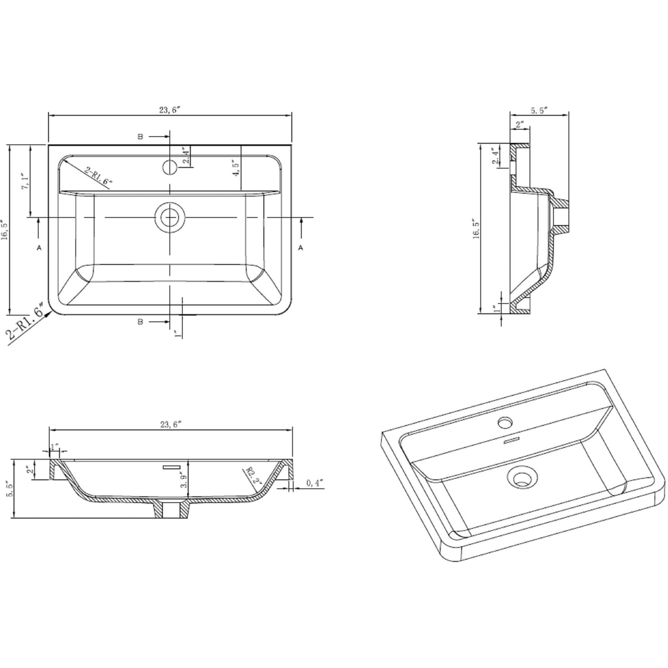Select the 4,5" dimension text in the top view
235,167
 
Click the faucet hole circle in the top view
169,167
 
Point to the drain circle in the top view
169,218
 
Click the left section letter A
39,248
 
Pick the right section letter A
300,248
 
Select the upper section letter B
140,137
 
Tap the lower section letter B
140,322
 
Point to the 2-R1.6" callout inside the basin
98,176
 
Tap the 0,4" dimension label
314,483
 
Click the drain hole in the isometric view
523,477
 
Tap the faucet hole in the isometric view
505,422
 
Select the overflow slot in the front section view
171,467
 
